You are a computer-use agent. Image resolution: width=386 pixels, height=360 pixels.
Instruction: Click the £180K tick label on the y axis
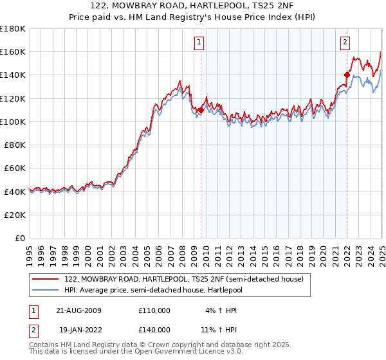(13, 29)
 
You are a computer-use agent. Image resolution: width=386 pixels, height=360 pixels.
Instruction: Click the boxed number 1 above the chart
(199, 43)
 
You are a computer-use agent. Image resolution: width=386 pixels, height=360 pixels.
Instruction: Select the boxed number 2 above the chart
(345, 43)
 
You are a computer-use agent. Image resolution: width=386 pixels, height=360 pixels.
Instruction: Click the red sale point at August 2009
(201, 111)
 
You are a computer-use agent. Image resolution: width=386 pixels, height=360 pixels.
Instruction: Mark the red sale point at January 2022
(347, 75)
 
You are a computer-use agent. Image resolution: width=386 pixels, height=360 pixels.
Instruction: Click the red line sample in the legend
(46, 279)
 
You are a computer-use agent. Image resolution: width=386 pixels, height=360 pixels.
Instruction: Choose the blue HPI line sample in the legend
(46, 290)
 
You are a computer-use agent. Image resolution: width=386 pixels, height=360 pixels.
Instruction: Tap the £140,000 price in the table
(154, 331)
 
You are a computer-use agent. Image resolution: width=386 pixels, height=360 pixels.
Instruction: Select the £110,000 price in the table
(154, 310)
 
